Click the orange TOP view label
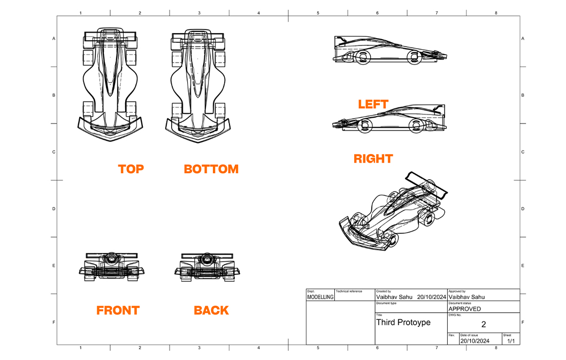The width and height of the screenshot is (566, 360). pyautogui.click(x=131, y=169)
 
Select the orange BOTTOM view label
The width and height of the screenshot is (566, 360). pyautogui.click(x=211, y=169)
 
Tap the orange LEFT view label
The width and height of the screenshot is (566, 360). pyautogui.click(x=373, y=104)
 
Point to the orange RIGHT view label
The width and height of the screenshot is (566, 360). pyautogui.click(x=373, y=159)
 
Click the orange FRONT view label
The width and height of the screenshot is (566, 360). pyautogui.click(x=118, y=310)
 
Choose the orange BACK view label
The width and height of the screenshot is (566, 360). pyautogui.click(x=211, y=310)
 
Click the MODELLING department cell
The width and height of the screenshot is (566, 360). pyautogui.click(x=320, y=297)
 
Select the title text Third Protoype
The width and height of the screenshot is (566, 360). pyautogui.click(x=403, y=323)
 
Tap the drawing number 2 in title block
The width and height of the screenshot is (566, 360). pyautogui.click(x=483, y=324)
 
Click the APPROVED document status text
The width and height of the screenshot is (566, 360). pyautogui.click(x=464, y=309)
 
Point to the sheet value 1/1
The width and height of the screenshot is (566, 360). pyautogui.click(x=510, y=341)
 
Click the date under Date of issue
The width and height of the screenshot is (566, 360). pyautogui.click(x=475, y=341)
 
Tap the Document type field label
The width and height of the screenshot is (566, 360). pyautogui.click(x=386, y=303)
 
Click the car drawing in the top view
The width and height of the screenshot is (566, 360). pyautogui.click(x=110, y=83)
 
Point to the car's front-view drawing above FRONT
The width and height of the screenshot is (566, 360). pyautogui.click(x=112, y=265)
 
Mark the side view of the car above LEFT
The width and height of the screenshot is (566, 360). pyautogui.click(x=389, y=50)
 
